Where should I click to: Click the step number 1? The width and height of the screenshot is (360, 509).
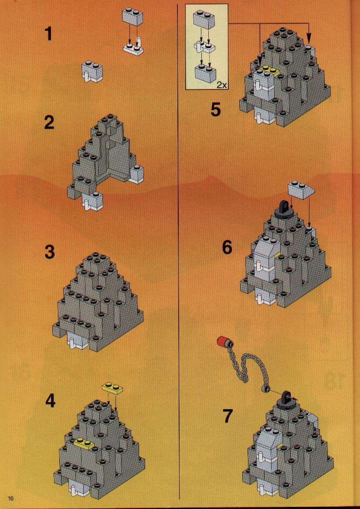pos(48,34)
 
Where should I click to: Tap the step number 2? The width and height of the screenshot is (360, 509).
pos(49,123)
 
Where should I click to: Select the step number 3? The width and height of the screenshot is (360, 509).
pos(49,252)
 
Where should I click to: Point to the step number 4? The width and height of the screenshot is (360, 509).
pos(50,402)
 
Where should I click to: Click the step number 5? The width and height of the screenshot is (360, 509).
pos(216,109)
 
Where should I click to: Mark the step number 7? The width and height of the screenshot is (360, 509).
pos(228,416)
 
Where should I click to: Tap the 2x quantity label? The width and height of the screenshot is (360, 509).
pos(222,85)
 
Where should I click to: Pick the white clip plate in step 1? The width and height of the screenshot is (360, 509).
pos(134,48)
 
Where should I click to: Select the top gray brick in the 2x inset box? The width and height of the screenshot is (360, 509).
pos(203,20)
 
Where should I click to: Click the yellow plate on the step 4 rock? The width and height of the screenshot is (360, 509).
pos(84,442)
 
